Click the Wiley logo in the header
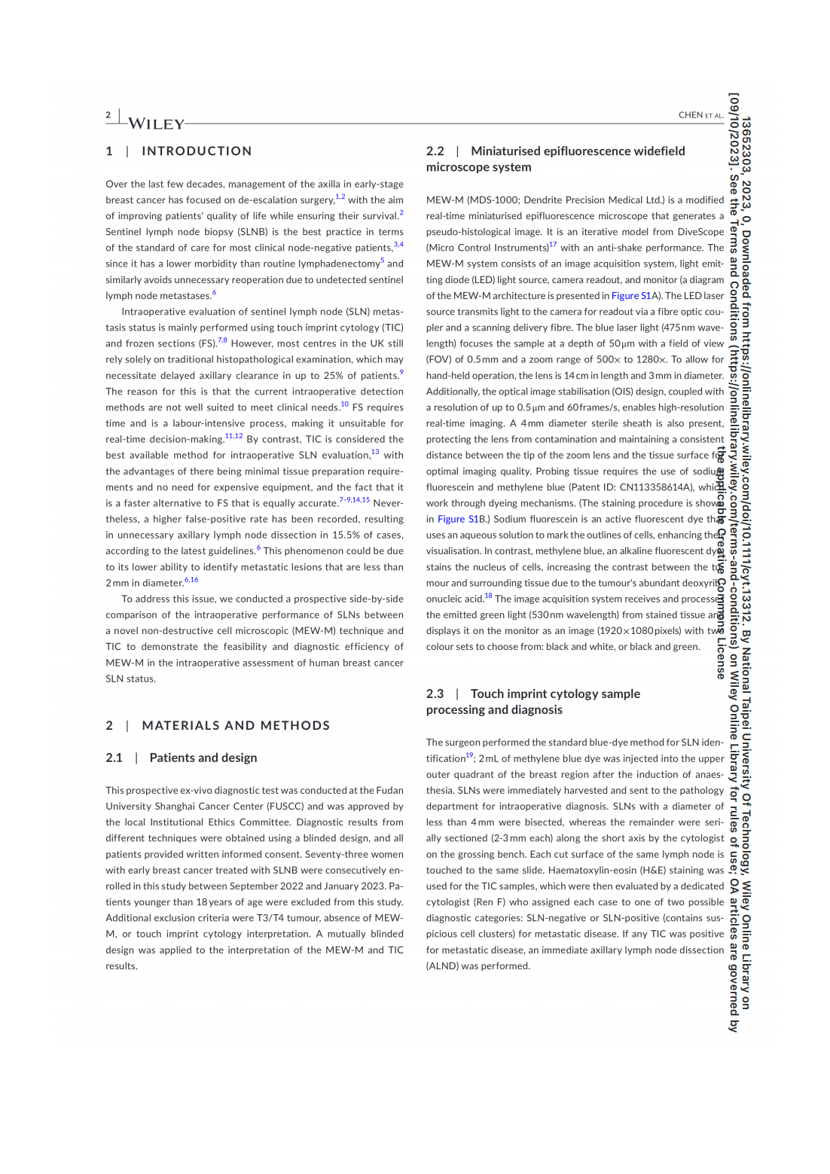pos(156,124)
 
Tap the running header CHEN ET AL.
pos(700,115)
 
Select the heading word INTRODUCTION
pos(197,151)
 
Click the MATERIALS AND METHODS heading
pos(236,726)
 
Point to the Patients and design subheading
pos(203,758)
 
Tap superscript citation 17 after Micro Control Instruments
pos(553,245)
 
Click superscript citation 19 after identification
pos(469,755)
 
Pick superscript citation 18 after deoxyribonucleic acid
pos(488,596)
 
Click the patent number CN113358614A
pos(656,487)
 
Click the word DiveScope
pos(700,232)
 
